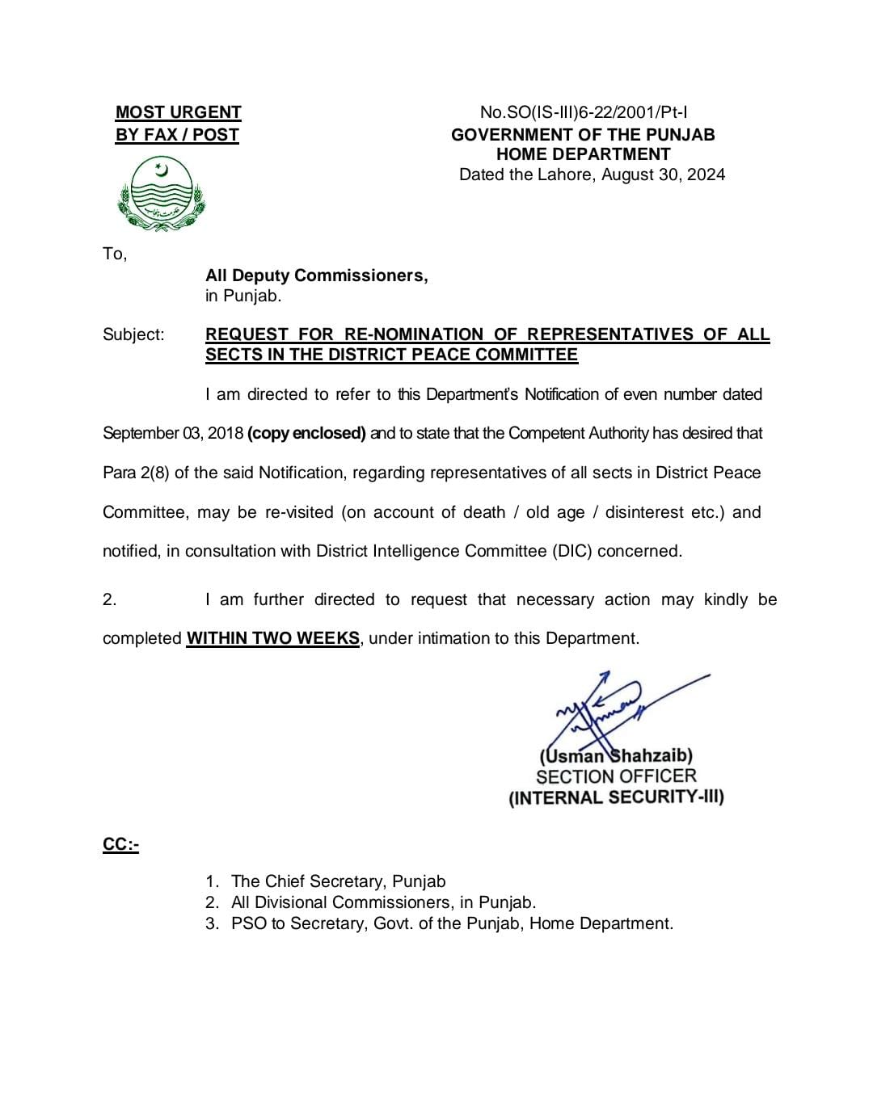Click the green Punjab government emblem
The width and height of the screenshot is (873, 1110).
(162, 194)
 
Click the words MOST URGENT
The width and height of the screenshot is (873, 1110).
(178, 112)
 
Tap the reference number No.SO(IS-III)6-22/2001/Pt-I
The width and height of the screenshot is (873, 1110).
(584, 112)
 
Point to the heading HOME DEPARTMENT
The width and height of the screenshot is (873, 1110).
(583, 154)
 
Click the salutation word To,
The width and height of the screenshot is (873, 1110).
(115, 254)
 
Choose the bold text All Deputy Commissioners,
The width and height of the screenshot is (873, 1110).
(316, 275)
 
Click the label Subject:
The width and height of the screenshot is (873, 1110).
(133, 334)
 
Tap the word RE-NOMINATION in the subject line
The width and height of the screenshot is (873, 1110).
(413, 334)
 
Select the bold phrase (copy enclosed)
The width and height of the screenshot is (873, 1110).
(306, 433)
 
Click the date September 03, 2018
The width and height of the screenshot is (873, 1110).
(173, 433)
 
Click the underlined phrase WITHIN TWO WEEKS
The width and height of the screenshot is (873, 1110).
(272, 638)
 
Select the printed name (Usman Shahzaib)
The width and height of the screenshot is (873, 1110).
(616, 756)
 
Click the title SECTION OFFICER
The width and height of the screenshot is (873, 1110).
(616, 776)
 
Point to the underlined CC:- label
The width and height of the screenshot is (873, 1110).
(120, 845)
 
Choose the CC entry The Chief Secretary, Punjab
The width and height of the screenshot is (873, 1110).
(338, 881)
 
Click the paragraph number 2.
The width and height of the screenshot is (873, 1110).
(109, 599)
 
